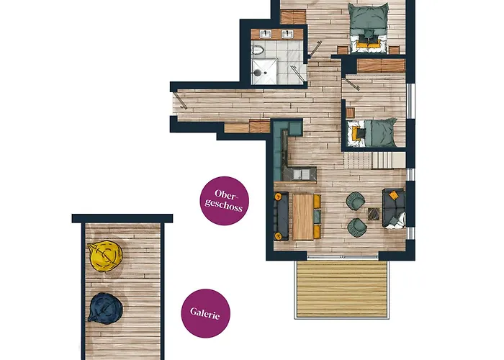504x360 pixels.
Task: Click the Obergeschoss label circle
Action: pos(225,201)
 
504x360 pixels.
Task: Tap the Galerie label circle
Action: pos(206,313)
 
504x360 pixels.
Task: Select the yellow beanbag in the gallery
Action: pos(105,256)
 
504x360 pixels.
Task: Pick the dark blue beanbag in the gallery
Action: pos(105,308)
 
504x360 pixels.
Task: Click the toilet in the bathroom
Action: pos(258,50)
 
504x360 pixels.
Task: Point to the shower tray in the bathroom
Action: pos(264,72)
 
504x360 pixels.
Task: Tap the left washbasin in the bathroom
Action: pos(266,34)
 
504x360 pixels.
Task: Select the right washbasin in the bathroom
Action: pos(287,34)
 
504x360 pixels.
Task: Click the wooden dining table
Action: pos(302,216)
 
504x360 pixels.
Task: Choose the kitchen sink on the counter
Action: pos(301,174)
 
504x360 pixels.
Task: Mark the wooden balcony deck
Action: pos(342,289)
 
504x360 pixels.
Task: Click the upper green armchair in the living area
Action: pos(355,201)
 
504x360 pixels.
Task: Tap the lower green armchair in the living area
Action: pos(356,228)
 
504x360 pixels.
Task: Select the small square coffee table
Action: pos(374,214)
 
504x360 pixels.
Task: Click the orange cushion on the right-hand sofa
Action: pos(393,195)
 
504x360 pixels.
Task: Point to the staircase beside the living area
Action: pos(374,160)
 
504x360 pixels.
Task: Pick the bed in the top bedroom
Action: pos(368,27)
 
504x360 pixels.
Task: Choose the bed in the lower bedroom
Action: pos(372,132)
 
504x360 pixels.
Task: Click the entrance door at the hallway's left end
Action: pos(180,101)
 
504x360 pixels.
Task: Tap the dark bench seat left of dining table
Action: pos(282,216)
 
